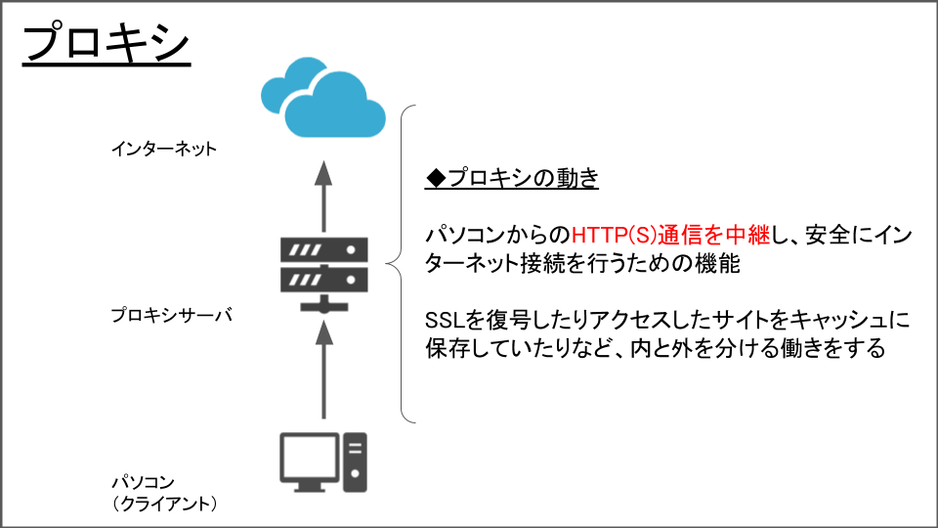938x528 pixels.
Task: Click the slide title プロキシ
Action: [x=106, y=44]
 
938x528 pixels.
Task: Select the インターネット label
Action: [x=163, y=150]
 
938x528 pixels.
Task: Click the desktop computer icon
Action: [x=323, y=461]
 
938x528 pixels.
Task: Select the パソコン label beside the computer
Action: [x=143, y=482]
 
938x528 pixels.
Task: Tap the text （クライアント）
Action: [x=163, y=504]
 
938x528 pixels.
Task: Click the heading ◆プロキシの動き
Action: [x=512, y=179]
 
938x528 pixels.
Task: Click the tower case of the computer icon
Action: [x=354, y=461]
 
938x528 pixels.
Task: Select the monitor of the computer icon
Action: [x=309, y=456]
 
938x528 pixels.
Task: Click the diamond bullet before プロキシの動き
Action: [x=436, y=179]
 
